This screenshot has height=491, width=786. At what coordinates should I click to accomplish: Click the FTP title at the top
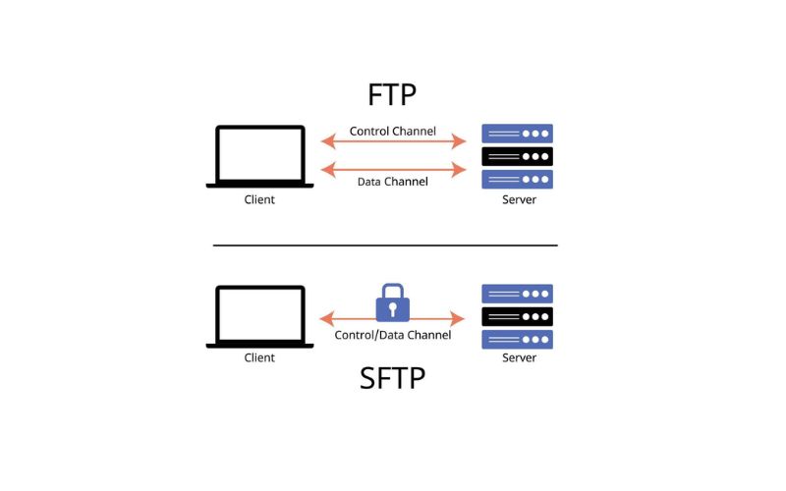point(392,95)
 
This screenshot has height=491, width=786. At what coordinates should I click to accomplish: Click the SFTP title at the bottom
point(392,378)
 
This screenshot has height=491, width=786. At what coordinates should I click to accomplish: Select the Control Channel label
point(393,131)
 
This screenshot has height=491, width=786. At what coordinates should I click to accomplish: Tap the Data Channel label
point(393,182)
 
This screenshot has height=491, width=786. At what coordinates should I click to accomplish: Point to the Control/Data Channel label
point(393,335)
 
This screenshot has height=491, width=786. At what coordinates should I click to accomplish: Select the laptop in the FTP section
point(259,156)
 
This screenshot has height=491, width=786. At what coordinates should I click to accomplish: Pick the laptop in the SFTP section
point(259,316)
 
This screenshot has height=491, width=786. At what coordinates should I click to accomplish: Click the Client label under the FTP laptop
point(259,200)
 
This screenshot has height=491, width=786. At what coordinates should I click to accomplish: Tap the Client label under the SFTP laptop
point(259,358)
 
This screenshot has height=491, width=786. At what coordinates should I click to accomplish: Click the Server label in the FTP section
point(519,200)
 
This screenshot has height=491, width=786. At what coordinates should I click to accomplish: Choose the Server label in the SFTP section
point(519,358)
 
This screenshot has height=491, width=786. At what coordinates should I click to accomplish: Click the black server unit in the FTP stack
point(517,156)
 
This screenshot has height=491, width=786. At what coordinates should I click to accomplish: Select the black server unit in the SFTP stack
point(517,316)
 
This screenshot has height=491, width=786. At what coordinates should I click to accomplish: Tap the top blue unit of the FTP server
point(517,134)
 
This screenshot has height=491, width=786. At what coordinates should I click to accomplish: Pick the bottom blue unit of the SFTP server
point(517,339)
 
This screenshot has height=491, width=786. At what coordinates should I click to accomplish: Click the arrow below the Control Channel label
point(393,143)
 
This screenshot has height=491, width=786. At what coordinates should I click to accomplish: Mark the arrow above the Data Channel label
point(393,169)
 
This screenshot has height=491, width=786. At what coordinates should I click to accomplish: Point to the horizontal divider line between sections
point(385,245)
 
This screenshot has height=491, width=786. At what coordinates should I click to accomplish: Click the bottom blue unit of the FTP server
point(517,179)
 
